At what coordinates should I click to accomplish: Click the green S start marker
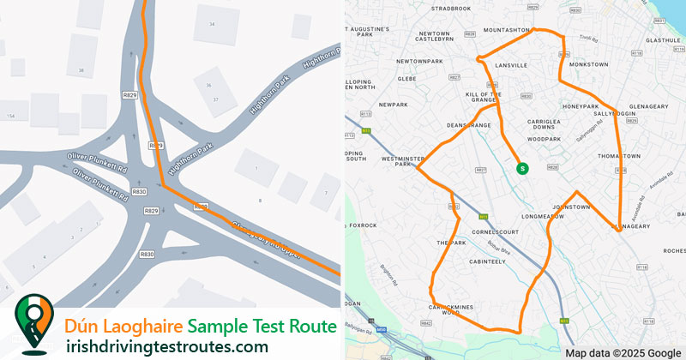pos(521,169)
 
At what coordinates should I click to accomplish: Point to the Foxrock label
pos(363,225)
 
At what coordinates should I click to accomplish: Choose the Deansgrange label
pos(467,126)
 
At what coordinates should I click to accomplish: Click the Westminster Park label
pos(397,161)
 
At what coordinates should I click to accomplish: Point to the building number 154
pos(10,115)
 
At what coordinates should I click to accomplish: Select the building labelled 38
pos(81,70)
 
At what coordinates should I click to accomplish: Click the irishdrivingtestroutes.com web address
pos(167,346)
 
